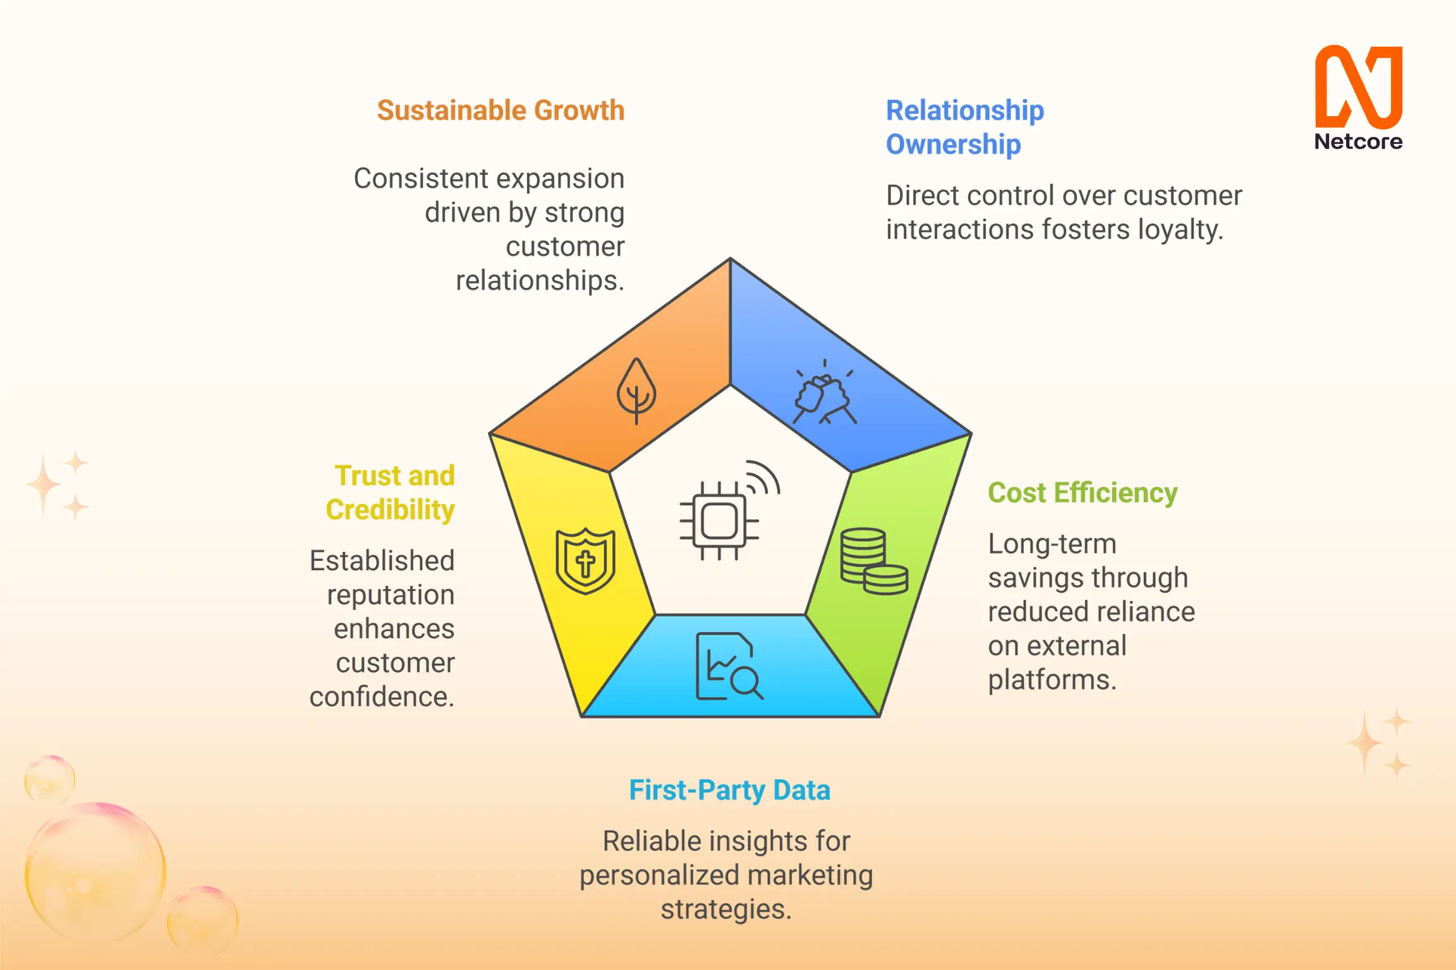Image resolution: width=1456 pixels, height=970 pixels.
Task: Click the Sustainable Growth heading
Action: click(x=500, y=111)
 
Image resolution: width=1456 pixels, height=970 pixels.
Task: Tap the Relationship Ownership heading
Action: click(x=964, y=127)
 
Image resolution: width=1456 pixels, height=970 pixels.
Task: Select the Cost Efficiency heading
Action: click(x=1083, y=493)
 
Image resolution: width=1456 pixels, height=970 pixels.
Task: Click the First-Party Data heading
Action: click(x=729, y=790)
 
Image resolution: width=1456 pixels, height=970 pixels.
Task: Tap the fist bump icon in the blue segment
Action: click(x=824, y=394)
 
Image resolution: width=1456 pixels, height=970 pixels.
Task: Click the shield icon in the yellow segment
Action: click(x=585, y=561)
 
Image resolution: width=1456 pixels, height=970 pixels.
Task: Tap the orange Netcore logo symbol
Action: click(x=1358, y=87)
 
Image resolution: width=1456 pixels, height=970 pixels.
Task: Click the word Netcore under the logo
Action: click(x=1358, y=141)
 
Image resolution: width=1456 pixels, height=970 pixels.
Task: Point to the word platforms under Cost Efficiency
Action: click(x=1052, y=680)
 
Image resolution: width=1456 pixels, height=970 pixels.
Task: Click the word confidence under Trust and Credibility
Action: click(x=381, y=697)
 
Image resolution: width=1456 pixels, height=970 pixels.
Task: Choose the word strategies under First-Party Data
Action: click(x=725, y=909)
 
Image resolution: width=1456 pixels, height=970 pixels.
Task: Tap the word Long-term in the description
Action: click(x=1052, y=544)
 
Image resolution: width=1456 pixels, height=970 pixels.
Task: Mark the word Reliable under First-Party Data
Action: click(x=643, y=841)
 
